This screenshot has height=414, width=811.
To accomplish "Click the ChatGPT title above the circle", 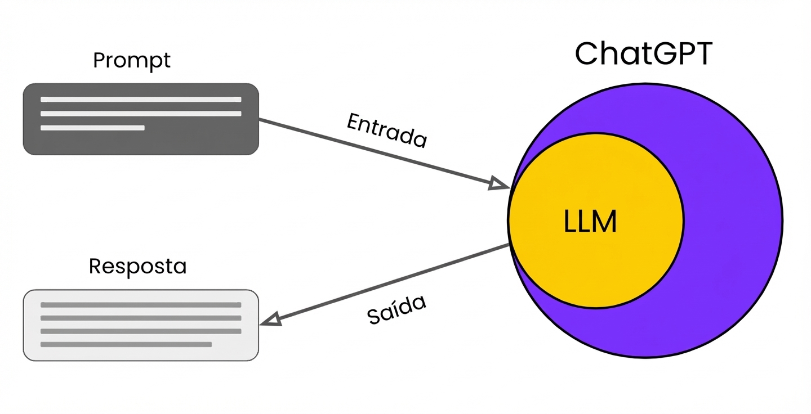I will point(644,55).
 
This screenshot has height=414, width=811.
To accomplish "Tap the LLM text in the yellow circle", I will point(590,222).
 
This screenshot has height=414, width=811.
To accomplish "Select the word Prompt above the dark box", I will point(131,60).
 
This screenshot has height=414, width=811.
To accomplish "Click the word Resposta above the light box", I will point(137,266).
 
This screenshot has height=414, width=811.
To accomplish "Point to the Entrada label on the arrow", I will point(387,130).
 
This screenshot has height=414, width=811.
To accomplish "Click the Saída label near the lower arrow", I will point(396,309).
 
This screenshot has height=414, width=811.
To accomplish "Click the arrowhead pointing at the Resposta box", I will point(270,319).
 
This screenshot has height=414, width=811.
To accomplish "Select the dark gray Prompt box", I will point(141,141).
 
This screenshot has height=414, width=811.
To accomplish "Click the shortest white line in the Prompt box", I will point(92,128).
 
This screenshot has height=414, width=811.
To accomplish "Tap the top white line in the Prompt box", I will point(141,100).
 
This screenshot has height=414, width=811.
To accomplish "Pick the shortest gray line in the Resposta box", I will point(126,344).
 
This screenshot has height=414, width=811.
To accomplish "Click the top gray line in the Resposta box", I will point(141,305).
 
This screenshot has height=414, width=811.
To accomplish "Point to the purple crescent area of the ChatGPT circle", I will point(732,225).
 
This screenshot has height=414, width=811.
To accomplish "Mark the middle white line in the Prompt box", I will point(141,114).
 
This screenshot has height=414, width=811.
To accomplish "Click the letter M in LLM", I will point(605,222).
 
